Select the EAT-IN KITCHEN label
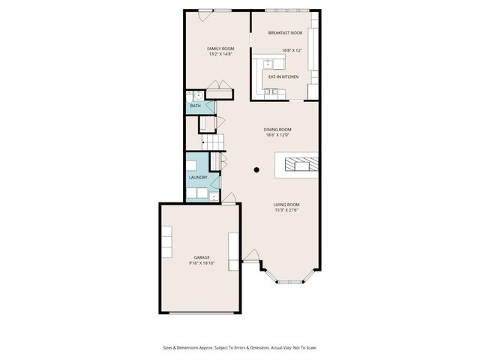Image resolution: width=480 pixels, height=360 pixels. coord(283,76)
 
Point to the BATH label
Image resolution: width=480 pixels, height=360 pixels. coord(195,106)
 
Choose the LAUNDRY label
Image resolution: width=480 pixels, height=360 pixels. coord(198,178)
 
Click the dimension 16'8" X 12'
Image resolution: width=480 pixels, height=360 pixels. coord(292,51)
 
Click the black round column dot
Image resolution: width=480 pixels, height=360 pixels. coord(256,169)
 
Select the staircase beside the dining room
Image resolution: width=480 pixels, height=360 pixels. coord(214,141)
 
